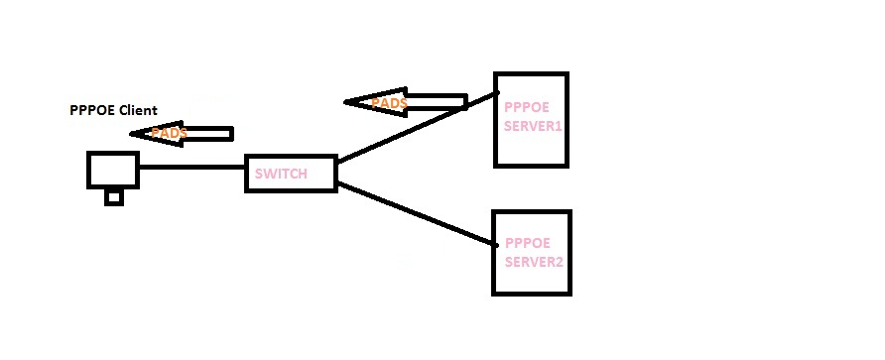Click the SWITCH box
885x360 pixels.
pos(290,174)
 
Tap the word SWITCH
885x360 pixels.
pos(281,175)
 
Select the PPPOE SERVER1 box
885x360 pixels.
pos(531,119)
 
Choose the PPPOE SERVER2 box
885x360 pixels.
pos(532,252)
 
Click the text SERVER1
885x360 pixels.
pos(533,127)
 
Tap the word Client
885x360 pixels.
pos(139,110)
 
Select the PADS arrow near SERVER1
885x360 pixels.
pos(407,101)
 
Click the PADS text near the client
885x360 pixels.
pos(170,133)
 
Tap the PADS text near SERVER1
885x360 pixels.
pos(389,102)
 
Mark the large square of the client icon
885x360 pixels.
pos(112,169)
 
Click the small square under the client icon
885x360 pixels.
pos(114,197)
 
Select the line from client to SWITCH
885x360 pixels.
pos(191,169)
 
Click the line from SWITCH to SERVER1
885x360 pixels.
pos(417,128)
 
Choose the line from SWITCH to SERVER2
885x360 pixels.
pos(417,214)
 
